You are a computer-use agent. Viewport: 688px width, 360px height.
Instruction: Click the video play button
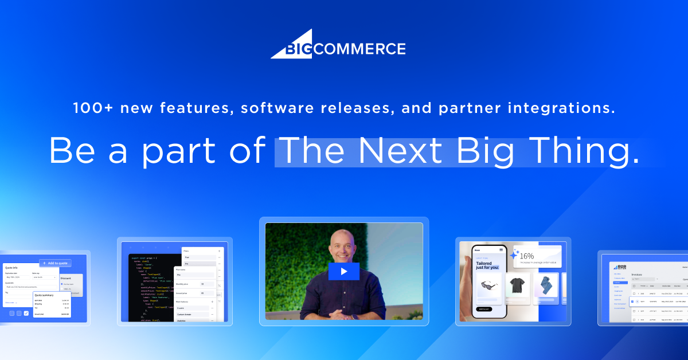pyautogui.click(x=343, y=271)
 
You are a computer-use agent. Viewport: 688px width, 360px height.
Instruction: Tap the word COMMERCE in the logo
pyautogui.click(x=359, y=49)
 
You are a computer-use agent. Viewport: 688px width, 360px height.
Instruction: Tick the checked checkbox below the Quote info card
pyautogui.click(x=26, y=313)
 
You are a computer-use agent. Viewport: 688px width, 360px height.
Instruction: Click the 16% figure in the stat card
pyautogui.click(x=526, y=256)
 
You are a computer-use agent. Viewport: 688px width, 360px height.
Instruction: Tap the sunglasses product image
pyautogui.click(x=490, y=285)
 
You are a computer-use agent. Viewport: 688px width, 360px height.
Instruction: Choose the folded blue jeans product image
pyautogui.click(x=545, y=285)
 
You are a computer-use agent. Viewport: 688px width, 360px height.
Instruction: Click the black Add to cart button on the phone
pyautogui.click(x=484, y=309)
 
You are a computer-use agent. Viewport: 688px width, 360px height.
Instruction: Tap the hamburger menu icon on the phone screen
pyautogui.click(x=501, y=250)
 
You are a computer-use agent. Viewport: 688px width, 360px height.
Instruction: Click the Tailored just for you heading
pyautogui.click(x=486, y=264)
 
